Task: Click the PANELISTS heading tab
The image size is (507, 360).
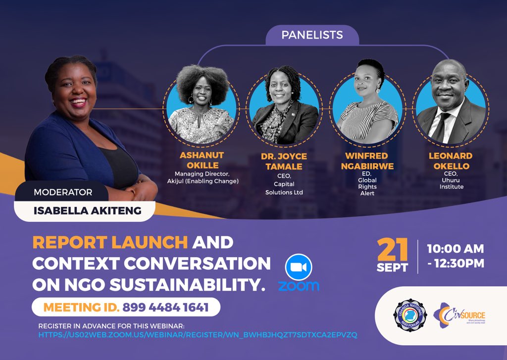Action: point(312,35)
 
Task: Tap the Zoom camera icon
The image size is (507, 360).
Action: point(298,267)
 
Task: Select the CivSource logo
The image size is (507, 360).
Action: point(459,315)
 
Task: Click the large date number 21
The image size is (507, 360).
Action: point(393,250)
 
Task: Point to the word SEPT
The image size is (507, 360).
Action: point(392,268)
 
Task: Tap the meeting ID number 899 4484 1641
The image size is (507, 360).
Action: point(165,308)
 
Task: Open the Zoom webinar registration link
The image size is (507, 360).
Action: point(198,335)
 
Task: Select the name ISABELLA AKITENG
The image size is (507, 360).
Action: point(87,211)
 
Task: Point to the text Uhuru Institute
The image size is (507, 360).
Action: point(451,183)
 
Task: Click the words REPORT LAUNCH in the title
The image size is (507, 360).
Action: point(110,242)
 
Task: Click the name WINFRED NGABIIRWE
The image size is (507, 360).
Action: point(367,161)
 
